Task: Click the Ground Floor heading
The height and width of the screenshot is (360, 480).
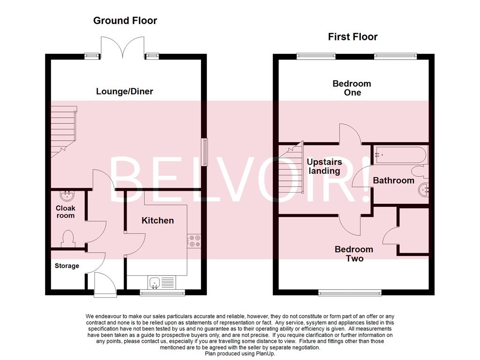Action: [125, 21]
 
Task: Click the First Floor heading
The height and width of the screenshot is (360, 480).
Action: [352, 37]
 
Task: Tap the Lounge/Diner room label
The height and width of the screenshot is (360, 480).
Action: [125, 91]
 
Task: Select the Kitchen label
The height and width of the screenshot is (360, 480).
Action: [158, 220]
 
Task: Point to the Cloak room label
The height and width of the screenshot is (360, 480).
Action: [66, 212]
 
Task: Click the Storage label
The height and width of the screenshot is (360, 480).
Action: [67, 266]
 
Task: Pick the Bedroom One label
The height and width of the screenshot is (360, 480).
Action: [352, 88]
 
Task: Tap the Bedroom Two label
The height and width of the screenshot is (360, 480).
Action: [354, 254]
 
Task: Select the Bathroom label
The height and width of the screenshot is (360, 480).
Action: [394, 180]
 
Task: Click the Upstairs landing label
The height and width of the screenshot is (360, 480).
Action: [324, 166]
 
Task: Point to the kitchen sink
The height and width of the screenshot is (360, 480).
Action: [156, 282]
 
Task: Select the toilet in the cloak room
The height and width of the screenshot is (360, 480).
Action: [68, 238]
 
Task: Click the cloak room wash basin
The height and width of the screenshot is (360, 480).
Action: [67, 195]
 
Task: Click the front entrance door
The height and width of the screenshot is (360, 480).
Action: [103, 284]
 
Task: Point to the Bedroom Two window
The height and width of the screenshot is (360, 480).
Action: [350, 293]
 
